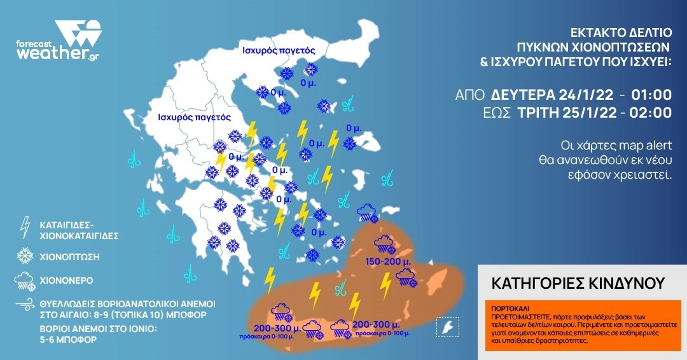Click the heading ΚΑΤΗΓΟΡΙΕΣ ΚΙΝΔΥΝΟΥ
[x=578, y=282]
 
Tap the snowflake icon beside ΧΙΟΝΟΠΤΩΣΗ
[x=25, y=256]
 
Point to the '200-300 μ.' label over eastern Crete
[x=375, y=324]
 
